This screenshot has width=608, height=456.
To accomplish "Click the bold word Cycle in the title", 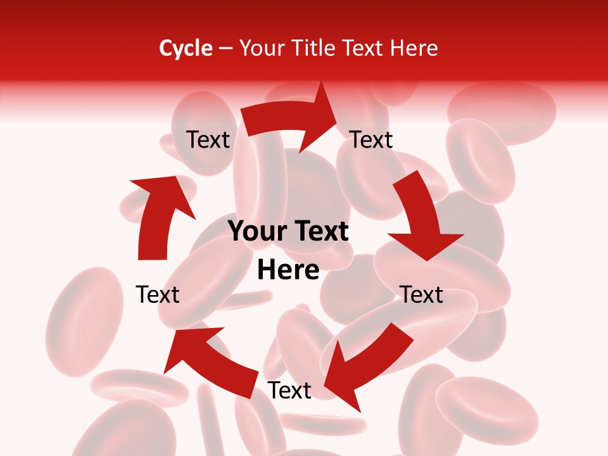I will [x=186, y=48].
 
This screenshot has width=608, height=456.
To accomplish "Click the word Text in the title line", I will [x=364, y=48].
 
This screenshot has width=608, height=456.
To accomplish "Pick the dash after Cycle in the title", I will [x=225, y=49].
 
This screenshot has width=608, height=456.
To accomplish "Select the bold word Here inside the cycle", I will [x=288, y=270].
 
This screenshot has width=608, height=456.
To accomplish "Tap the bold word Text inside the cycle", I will [x=320, y=232].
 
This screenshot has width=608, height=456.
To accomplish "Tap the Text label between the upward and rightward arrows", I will [x=208, y=139].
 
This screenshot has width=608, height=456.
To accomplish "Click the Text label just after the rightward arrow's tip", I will [x=372, y=139].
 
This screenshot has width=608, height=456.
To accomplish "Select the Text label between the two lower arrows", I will [x=289, y=391].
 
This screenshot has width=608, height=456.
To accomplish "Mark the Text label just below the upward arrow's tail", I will [x=158, y=294].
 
